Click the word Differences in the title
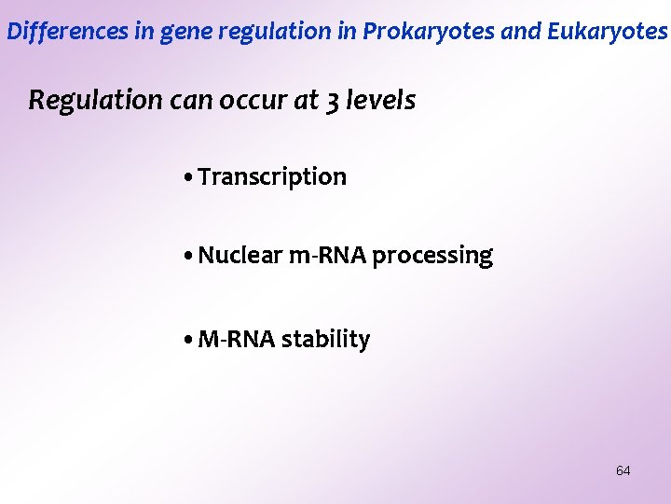pyautogui.click(x=53, y=32)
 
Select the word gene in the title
pyautogui.click(x=183, y=32)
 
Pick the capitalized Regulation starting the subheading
pyautogui.click(x=95, y=101)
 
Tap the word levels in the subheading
pyautogui.click(x=380, y=101)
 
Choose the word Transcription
pyautogui.click(x=272, y=177)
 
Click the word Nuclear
pyautogui.click(x=240, y=255)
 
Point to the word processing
pyautogui.click(x=432, y=256)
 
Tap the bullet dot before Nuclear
pyautogui.click(x=189, y=256)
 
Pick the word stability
pyautogui.click(x=325, y=341)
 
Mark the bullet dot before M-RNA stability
pyautogui.click(x=189, y=341)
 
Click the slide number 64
pyautogui.click(x=623, y=470)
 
